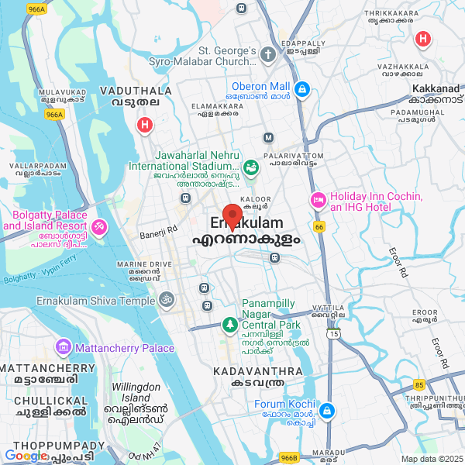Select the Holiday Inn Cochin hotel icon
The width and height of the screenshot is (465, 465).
[317, 201]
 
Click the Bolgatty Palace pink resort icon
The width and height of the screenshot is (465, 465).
[100, 227]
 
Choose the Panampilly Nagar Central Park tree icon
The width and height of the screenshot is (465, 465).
[229, 323]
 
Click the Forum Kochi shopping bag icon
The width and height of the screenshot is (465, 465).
[327, 409]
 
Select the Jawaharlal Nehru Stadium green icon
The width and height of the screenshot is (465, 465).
[251, 167]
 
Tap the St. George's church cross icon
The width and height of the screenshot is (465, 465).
[268, 55]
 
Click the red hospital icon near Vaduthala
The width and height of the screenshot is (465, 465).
[144, 124]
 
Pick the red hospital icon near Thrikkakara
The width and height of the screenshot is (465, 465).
[422, 39]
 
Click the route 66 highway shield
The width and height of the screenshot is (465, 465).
[319, 227]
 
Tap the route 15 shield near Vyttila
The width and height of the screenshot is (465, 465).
[333, 333]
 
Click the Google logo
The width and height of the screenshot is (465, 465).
[26, 456]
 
